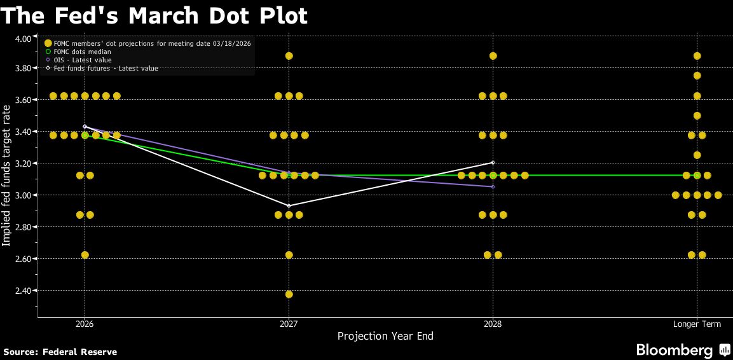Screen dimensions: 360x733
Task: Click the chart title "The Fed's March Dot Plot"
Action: (154, 15)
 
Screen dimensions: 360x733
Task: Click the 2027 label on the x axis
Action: (289, 324)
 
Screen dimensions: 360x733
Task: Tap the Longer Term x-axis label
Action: (697, 324)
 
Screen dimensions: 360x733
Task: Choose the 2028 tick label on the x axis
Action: (493, 324)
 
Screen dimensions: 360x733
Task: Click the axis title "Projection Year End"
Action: (385, 336)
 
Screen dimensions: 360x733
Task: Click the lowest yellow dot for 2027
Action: (289, 294)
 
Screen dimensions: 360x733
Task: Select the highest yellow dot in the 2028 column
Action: (493, 56)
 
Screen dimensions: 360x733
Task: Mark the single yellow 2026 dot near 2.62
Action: (85, 254)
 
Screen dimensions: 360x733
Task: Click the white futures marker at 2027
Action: (289, 206)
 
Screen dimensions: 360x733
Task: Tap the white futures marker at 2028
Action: (493, 163)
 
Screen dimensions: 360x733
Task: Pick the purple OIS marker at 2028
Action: (493, 186)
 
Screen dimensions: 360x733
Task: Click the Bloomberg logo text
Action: (675, 350)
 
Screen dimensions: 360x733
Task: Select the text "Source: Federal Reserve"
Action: (60, 352)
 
